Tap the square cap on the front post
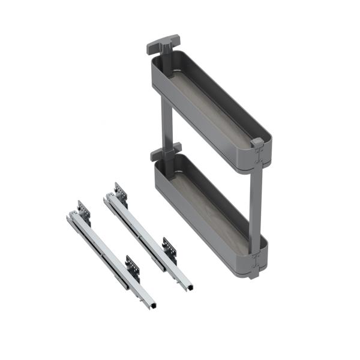click(257, 143)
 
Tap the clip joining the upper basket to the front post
click(258, 157)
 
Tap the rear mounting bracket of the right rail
click(120, 193)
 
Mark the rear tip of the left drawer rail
click(70, 217)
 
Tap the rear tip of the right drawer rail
click(106, 199)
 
